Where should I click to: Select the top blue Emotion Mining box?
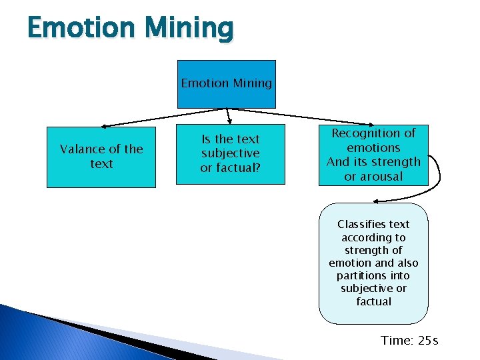(226, 84)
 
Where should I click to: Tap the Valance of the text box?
(101, 157)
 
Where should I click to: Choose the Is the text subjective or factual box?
(230, 154)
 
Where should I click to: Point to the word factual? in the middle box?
(230, 168)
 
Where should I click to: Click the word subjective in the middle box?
(230, 153)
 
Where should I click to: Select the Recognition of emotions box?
(373, 155)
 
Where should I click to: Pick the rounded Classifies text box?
(373, 263)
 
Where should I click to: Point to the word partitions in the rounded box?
(364, 275)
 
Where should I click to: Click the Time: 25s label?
(409, 341)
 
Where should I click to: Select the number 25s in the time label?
(428, 341)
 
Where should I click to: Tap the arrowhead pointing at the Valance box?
(105, 125)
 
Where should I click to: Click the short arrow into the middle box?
(229, 116)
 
